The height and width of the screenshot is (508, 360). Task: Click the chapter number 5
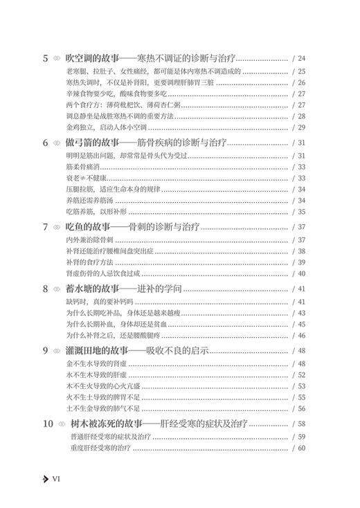(x=46, y=58)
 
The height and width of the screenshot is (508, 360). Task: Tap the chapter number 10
(x=48, y=424)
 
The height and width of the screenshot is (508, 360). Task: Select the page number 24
(x=299, y=59)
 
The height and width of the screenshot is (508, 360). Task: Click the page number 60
(x=299, y=449)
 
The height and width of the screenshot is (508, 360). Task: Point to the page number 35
(x=299, y=212)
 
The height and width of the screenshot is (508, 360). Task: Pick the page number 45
(x=299, y=323)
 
